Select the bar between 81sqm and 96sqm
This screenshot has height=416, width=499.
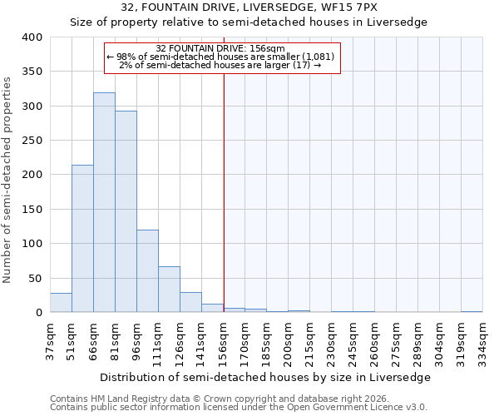[x=126, y=211]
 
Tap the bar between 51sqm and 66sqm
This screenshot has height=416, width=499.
[x=82, y=238]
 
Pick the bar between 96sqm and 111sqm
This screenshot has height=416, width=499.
[x=147, y=270]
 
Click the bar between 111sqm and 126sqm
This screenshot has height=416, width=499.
[x=169, y=289]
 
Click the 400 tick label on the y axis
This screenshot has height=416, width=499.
[x=32, y=37]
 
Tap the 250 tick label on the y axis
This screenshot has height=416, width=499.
[x=32, y=141]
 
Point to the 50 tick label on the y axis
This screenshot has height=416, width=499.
[x=35, y=278]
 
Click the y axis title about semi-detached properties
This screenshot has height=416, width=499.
[x=8, y=180]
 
